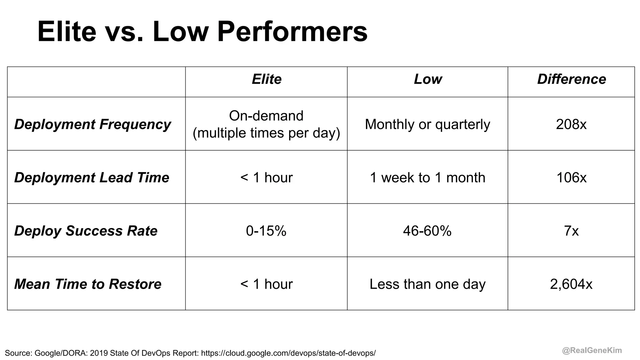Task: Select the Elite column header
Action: pos(267,79)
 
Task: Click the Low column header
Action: pos(428,79)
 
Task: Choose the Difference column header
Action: pos(571,79)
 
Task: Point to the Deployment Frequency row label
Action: pos(92,124)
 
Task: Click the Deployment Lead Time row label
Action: pos(92,177)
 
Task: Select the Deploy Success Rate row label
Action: pos(86,231)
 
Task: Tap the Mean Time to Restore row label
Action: pos(88,284)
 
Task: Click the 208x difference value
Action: pos(571,124)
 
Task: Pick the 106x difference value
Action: pos(571,177)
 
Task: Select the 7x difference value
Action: pos(571,231)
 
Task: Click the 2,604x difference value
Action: pos(571,284)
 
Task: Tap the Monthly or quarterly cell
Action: pos(427,124)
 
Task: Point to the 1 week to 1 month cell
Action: pos(427,177)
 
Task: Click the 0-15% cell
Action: pos(266,231)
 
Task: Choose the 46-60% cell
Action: pos(427,231)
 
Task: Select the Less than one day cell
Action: pos(427,284)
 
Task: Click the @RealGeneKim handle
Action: pos(592,350)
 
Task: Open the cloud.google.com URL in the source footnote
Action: pos(288,353)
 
